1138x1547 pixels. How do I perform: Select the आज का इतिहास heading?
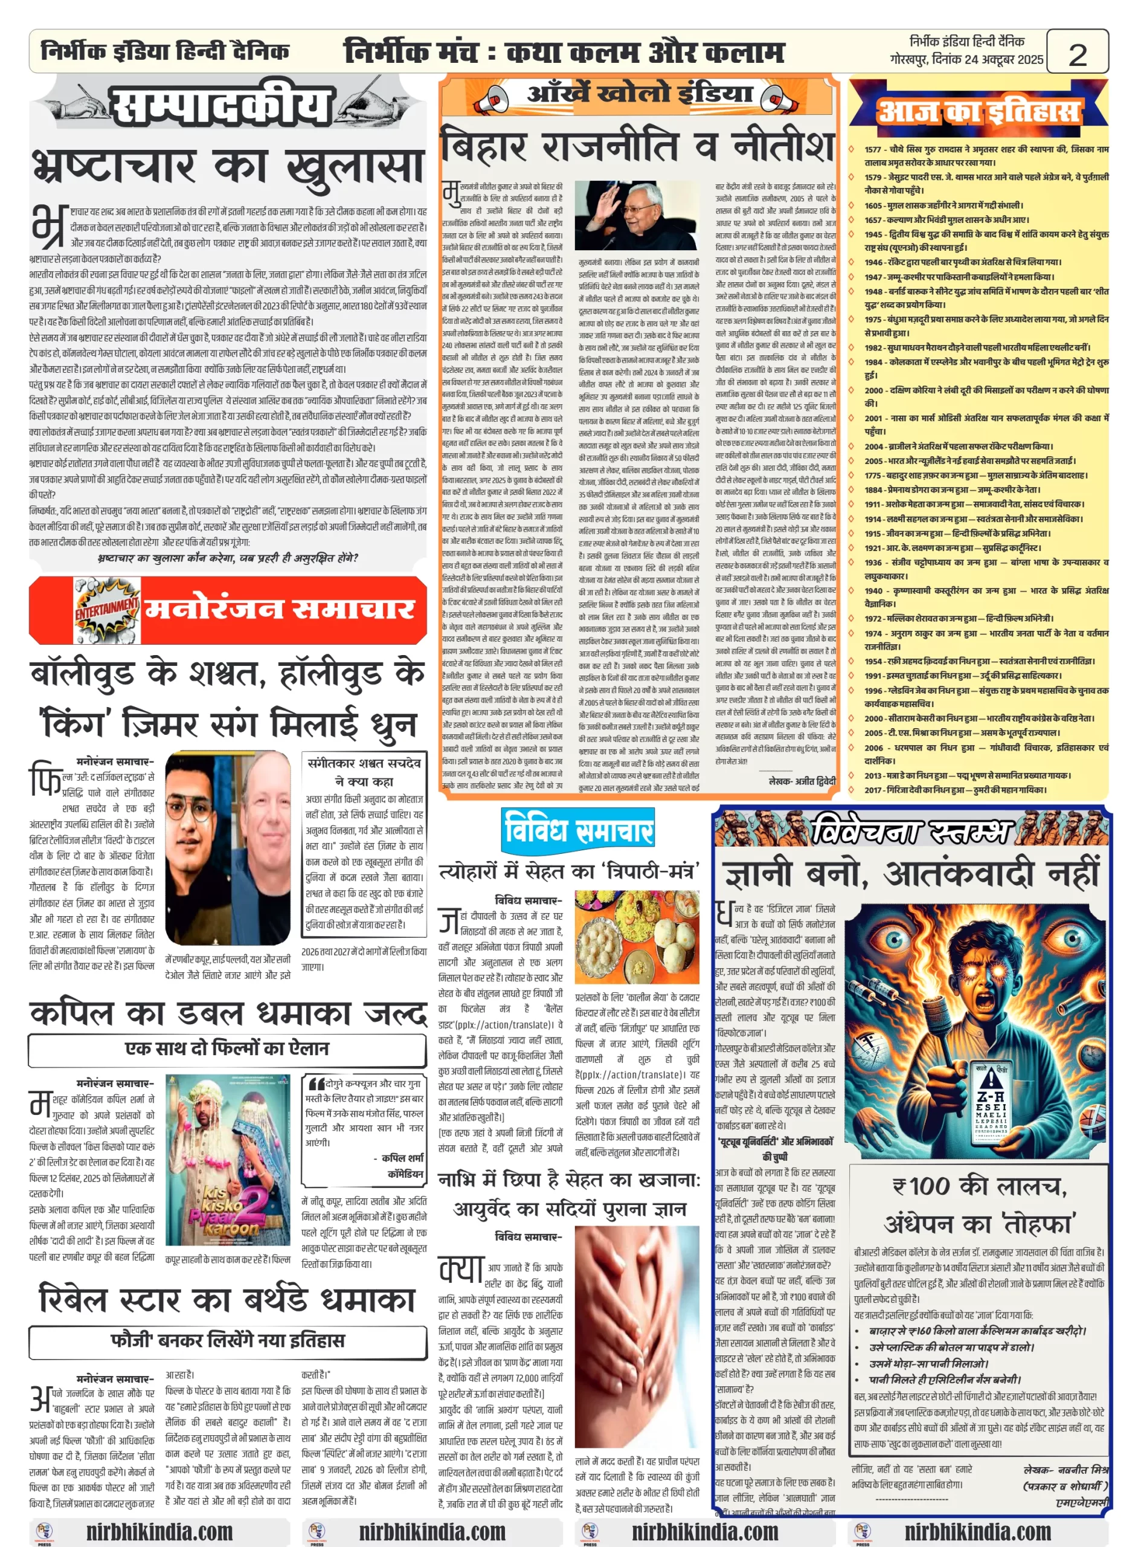click(978, 112)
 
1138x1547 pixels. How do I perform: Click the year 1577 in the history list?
click(873, 149)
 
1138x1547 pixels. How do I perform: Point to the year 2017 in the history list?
click(873, 790)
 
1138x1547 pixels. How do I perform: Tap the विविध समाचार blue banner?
click(577, 829)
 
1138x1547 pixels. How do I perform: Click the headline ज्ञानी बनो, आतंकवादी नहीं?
click(911, 874)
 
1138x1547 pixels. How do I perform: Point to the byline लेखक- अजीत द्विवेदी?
click(801, 781)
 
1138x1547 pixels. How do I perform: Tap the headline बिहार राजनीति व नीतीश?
click(637, 148)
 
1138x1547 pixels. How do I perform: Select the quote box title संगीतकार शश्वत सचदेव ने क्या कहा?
click(364, 772)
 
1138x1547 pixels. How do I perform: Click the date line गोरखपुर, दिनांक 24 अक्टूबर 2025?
click(966, 59)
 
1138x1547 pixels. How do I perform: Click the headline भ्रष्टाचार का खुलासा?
click(227, 169)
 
